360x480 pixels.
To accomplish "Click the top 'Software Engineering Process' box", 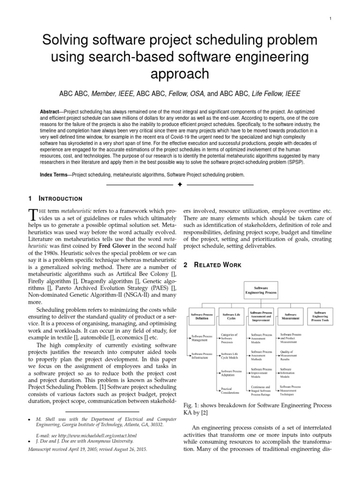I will point(262,290).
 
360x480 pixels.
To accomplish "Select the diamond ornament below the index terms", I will point(180,186).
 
